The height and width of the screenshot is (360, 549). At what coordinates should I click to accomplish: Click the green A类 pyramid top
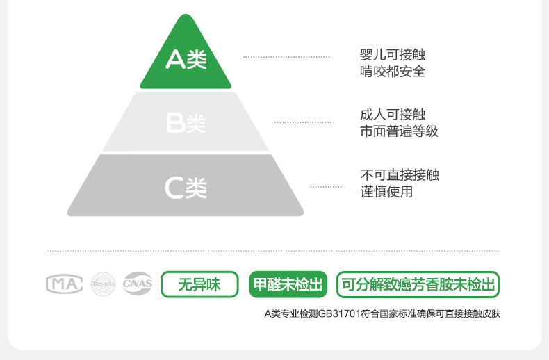pos(186,60)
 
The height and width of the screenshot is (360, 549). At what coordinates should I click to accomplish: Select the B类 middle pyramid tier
pos(186,123)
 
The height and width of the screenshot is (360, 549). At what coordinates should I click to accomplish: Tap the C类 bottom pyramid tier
pos(186,186)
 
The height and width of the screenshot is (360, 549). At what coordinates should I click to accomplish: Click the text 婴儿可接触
pos(393,55)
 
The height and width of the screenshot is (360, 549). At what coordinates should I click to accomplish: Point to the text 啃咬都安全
pos(393,71)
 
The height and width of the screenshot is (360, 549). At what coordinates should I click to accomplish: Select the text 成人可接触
pos(393,115)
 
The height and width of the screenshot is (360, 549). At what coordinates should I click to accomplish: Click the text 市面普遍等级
pos(399,131)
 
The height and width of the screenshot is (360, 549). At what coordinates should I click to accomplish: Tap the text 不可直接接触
pos(399,175)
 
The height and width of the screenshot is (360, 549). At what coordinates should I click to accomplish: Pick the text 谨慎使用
pos(386,191)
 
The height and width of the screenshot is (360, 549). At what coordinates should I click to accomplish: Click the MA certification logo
pos(64,284)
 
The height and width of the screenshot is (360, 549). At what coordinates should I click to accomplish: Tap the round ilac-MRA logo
pos(103,284)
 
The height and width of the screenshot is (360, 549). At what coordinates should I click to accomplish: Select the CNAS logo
pos(138,284)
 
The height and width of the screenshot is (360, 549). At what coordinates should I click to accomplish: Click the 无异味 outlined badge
pos(199,284)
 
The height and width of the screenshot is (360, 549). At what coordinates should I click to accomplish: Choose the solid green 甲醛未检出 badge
pos(288,284)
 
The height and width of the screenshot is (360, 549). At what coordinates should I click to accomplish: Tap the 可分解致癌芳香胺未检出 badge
pos(418,284)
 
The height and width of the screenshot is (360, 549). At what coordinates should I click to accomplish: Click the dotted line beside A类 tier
pos(286,57)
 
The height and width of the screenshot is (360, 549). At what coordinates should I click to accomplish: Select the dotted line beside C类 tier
pos(325,187)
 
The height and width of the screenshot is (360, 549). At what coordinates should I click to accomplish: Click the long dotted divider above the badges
pos(274,250)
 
